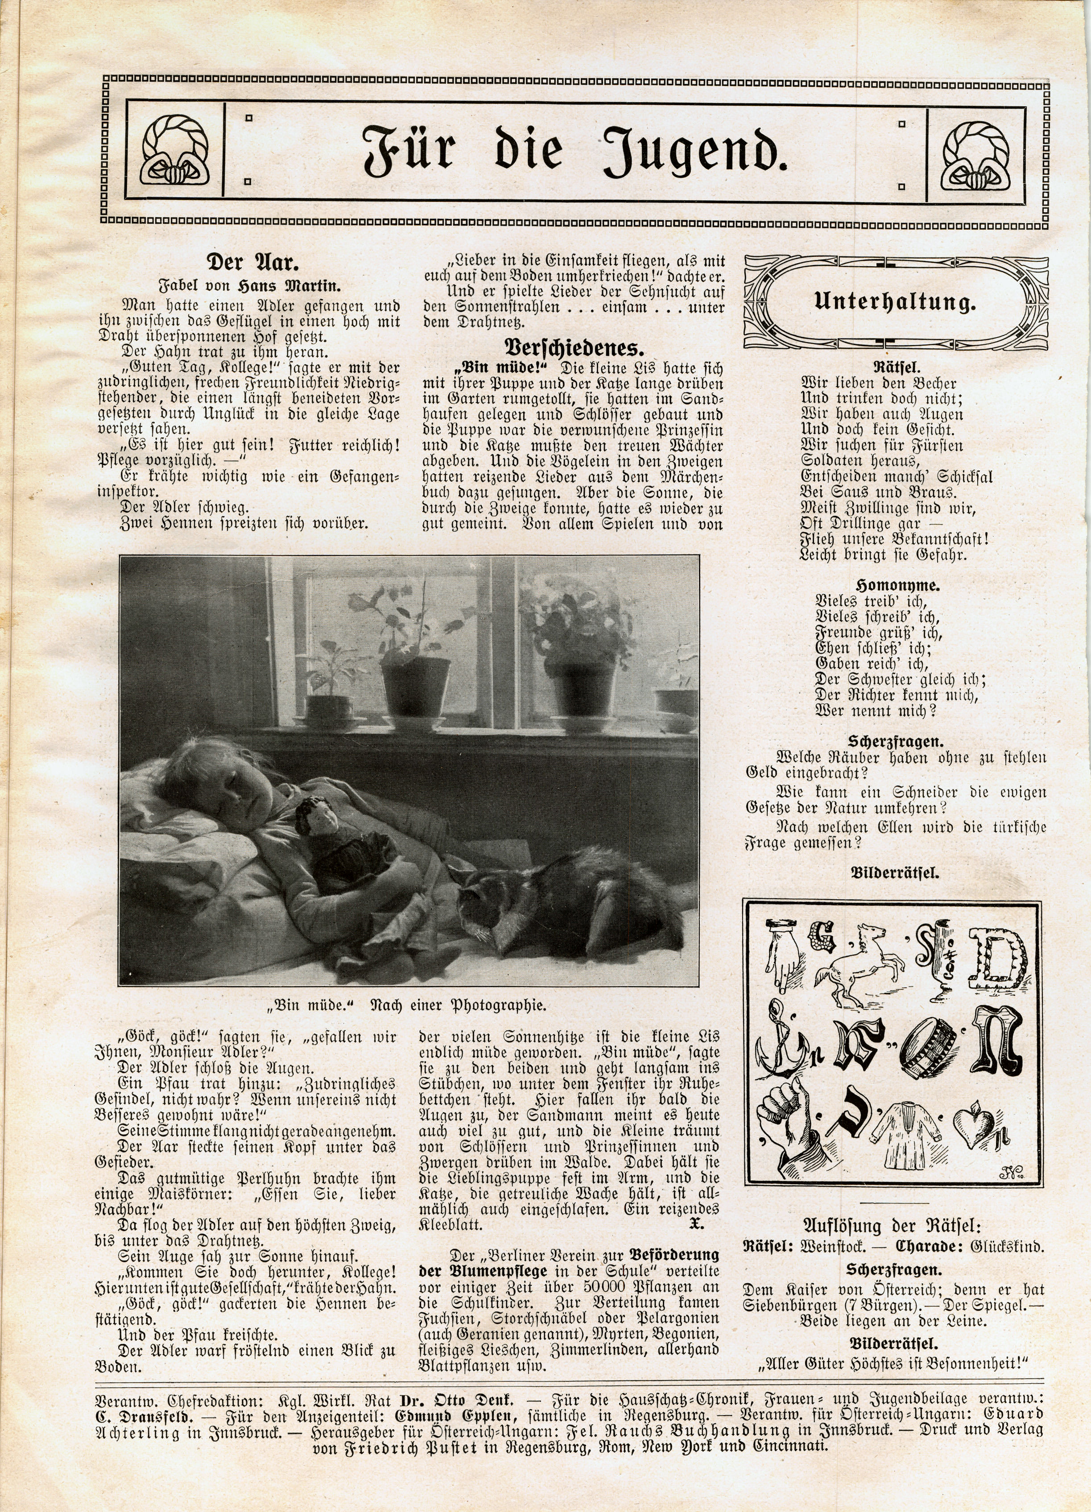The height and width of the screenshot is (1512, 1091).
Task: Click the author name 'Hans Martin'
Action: (x=289, y=287)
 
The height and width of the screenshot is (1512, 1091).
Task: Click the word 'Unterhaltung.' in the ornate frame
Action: (x=895, y=303)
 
